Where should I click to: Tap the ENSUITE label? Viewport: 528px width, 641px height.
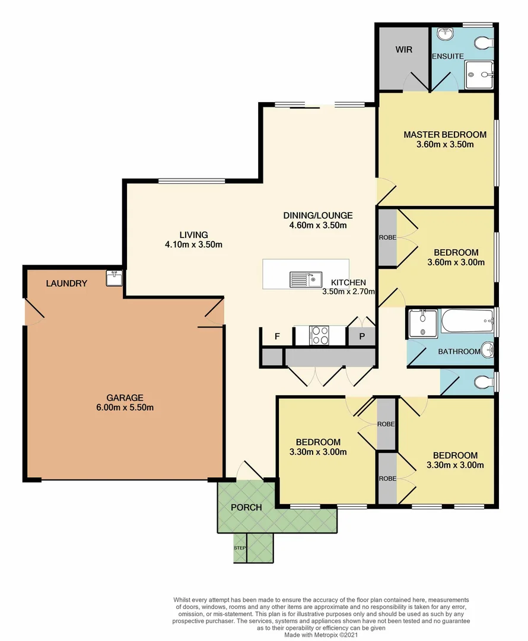[447, 56]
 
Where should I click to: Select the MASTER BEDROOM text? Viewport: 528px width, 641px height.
[445, 135]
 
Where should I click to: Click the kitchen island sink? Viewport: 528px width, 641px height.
[305, 278]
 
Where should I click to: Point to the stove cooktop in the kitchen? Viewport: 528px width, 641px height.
[320, 335]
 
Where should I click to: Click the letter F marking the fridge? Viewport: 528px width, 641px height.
[276, 337]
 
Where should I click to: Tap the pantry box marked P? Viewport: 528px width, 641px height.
[361, 337]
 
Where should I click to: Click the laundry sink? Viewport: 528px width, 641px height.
[114, 278]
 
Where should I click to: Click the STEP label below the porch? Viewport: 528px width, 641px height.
[240, 548]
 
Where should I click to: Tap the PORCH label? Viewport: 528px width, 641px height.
[246, 507]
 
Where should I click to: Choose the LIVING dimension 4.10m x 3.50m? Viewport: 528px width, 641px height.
[194, 245]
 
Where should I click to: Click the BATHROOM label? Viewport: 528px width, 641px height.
[459, 351]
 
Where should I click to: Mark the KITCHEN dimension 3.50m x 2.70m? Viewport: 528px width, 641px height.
[348, 291]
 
